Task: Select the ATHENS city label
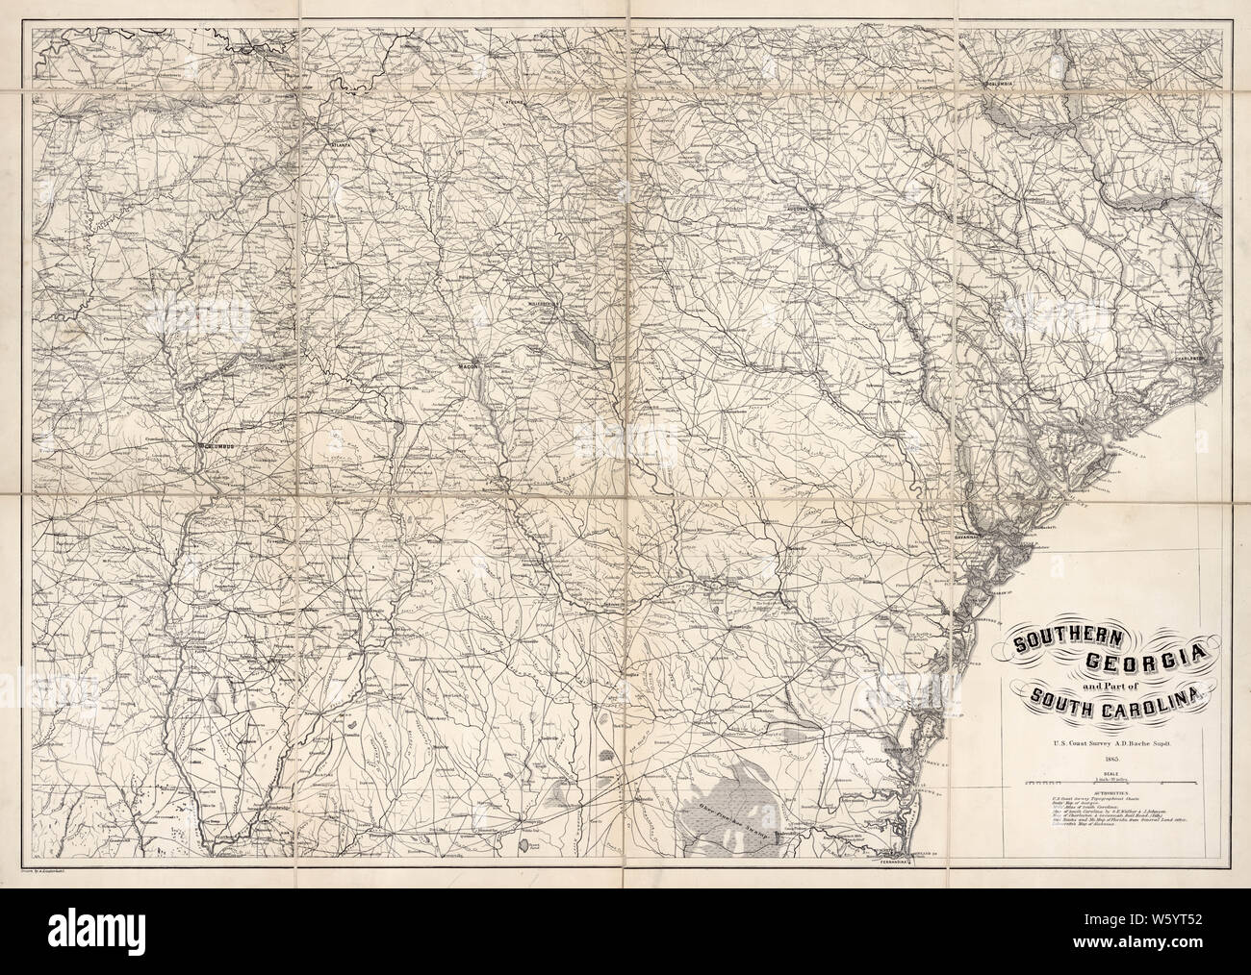520,100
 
